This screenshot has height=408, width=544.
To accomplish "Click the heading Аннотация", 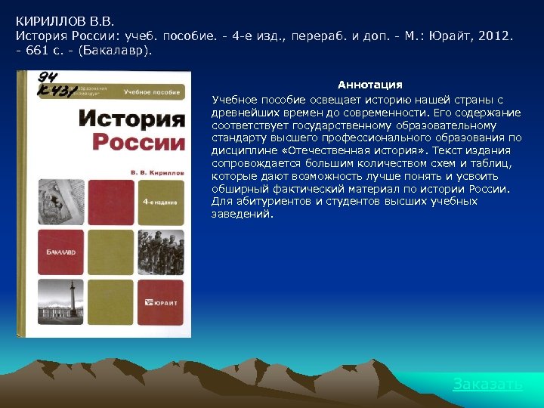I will [369, 85].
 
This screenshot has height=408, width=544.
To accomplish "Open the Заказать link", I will [487, 385].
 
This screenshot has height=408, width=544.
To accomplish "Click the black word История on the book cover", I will [131, 119].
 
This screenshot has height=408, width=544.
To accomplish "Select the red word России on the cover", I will [138, 143].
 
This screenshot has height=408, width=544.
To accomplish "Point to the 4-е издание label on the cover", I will [161, 202].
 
